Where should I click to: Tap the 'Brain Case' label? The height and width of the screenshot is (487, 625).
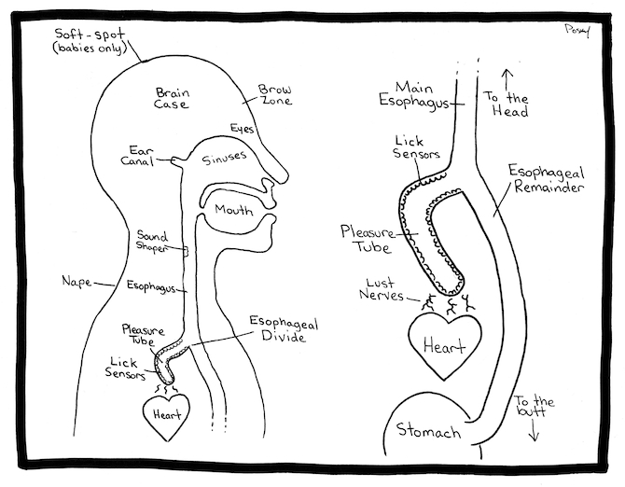pyautogui.click(x=173, y=98)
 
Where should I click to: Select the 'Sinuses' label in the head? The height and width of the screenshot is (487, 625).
pyautogui.click(x=225, y=160)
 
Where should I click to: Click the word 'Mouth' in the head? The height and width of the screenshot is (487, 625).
pyautogui.click(x=234, y=210)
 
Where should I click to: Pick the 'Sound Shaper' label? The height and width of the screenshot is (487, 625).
pyautogui.click(x=152, y=242)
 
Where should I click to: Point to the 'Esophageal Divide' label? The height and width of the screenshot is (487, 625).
pyautogui.click(x=283, y=330)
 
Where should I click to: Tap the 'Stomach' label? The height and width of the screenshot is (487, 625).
pyautogui.click(x=429, y=431)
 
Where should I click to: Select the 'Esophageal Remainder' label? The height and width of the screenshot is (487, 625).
pyautogui.click(x=546, y=179)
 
